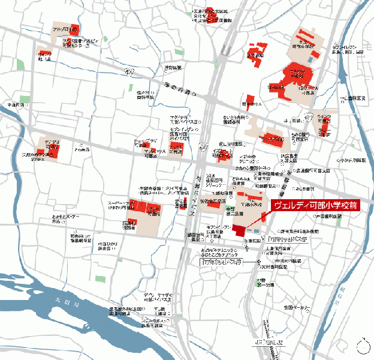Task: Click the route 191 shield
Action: tap(129, 73)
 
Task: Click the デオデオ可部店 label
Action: tap(52, 145)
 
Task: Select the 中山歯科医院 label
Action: tap(352, 98)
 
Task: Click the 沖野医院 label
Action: tap(172, 67)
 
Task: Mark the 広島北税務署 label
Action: tap(130, 225)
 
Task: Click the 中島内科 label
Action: tap(16, 105)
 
